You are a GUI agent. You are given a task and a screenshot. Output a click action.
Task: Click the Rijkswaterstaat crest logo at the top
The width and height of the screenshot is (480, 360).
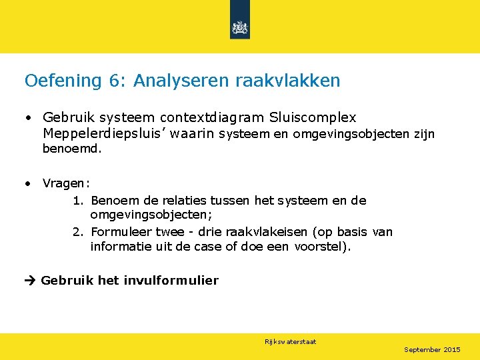pyautogui.click(x=239, y=27)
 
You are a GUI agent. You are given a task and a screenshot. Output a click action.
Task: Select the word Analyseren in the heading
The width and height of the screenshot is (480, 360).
pyautogui.click(x=181, y=81)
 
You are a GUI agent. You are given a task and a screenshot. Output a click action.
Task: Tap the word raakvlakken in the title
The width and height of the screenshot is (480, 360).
pyautogui.click(x=287, y=81)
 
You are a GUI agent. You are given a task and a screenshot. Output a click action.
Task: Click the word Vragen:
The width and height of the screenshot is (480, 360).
pyautogui.click(x=67, y=183)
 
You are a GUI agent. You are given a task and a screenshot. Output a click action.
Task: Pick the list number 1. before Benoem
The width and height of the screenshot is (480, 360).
pyautogui.click(x=79, y=201)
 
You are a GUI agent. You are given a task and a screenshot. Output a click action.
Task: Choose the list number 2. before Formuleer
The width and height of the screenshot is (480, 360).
pyautogui.click(x=79, y=232)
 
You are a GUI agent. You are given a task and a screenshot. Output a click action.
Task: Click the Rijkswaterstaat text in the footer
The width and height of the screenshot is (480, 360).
pyautogui.click(x=290, y=341)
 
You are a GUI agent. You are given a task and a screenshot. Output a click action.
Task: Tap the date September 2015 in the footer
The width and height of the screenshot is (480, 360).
pyautogui.click(x=432, y=349)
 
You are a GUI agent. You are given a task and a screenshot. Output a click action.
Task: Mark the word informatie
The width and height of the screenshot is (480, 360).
pyautogui.click(x=119, y=247)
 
